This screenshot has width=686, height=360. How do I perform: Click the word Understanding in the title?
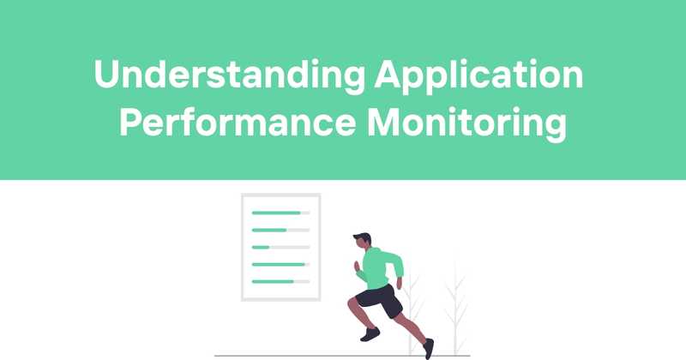click(226, 77)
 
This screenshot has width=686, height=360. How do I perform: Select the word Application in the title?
click(478, 77)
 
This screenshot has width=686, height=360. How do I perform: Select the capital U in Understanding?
click(109, 77)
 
